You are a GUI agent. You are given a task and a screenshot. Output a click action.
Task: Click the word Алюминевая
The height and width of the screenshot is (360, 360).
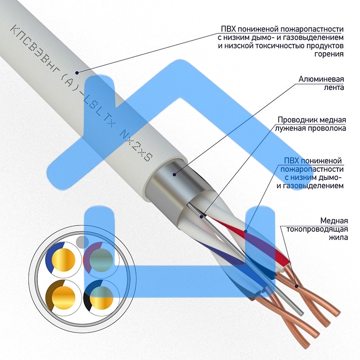(321, 79)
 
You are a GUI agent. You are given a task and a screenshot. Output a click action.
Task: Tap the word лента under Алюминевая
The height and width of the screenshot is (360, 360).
(333, 87)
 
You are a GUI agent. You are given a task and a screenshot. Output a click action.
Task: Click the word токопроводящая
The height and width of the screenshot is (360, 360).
(317, 229)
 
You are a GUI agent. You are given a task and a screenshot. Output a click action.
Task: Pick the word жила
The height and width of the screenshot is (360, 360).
(338, 237)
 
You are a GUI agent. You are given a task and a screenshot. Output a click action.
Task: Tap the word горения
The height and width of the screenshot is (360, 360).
(329, 54)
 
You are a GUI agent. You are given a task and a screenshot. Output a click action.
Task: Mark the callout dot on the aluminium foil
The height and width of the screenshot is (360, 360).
(175, 175)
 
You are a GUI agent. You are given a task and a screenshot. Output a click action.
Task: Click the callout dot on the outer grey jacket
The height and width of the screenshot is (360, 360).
(77, 73)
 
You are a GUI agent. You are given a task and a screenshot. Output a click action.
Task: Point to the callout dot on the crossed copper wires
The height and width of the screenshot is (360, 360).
(297, 286)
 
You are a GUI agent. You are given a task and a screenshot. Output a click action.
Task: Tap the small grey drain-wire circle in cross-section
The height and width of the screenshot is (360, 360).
(82, 241)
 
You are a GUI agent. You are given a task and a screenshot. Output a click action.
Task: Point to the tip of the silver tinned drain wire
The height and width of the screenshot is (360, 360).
(301, 313)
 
